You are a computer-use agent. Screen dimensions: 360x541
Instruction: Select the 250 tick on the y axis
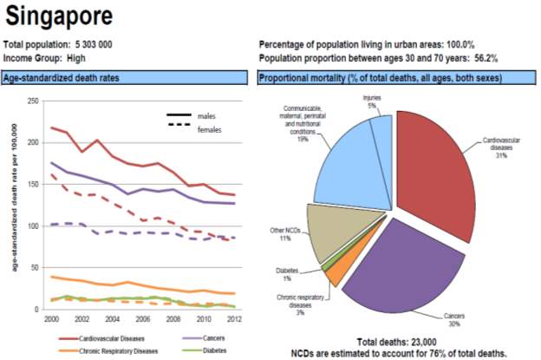pos(33,101)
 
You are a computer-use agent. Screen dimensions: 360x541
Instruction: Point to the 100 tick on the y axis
pos(33,226)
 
